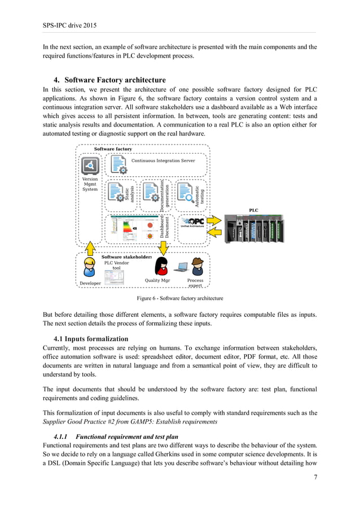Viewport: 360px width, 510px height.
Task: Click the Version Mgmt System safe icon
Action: (90, 165)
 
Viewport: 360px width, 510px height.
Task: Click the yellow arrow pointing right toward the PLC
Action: (216, 219)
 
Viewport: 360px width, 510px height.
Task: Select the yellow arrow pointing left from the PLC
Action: (216, 232)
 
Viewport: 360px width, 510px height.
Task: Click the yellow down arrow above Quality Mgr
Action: (164, 247)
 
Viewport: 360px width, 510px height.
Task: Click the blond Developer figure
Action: (89, 268)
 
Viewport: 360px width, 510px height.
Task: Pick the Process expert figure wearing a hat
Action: (197, 266)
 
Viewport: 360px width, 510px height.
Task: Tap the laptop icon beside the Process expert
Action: (182, 268)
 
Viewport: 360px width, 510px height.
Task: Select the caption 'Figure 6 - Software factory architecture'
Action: (180, 298)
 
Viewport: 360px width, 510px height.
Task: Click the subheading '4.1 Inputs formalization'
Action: (91, 339)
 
